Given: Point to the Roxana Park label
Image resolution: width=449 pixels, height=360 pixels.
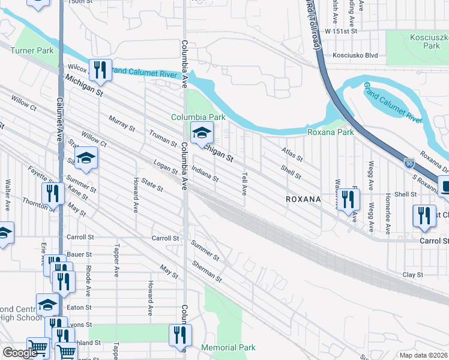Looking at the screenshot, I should [330, 132].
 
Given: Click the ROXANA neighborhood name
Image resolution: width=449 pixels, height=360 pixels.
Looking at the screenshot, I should [303, 198].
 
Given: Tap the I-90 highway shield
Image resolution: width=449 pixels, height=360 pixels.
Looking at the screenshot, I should [409, 163].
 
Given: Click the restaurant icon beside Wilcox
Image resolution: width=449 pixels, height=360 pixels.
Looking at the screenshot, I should [100, 70].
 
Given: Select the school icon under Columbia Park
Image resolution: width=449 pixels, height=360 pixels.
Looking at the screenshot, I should [202, 133].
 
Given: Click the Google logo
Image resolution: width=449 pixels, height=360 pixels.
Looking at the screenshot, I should [20, 353].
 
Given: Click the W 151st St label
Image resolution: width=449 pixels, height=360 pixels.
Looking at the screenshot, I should [341, 30].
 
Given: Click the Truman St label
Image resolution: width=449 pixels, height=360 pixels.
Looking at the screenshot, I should [163, 139].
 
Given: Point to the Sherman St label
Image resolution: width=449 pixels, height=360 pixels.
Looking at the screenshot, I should [208, 272].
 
